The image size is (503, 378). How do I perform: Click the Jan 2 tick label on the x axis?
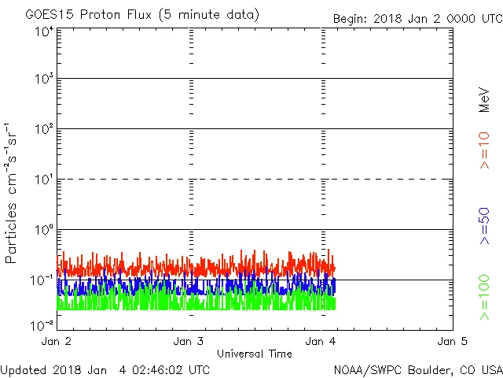click(57, 341)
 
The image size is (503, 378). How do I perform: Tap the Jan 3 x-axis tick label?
click(189, 341)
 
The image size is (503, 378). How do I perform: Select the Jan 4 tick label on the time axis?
click(321, 341)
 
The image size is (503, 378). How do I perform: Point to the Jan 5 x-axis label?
click(453, 341)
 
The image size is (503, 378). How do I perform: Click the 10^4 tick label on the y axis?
click(43, 31)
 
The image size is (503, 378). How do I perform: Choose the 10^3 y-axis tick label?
click(43, 80)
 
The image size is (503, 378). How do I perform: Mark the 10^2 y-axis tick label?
click(43, 130)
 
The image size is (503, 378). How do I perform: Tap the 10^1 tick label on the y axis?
click(43, 180)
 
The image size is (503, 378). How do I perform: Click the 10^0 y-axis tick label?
click(43, 231)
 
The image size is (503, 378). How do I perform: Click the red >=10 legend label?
click(484, 150)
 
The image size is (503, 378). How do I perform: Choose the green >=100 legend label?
click(484, 297)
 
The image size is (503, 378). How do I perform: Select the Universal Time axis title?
click(254, 354)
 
